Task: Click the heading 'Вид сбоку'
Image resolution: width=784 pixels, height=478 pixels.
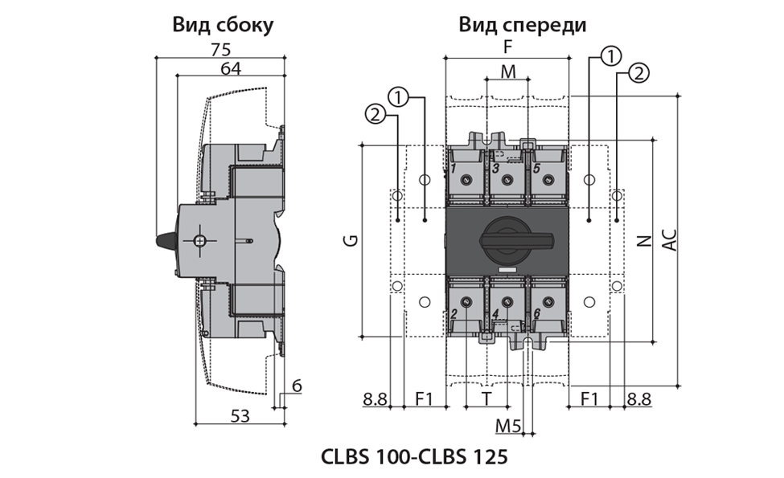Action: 223,25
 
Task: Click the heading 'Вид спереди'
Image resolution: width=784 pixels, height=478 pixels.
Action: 522,25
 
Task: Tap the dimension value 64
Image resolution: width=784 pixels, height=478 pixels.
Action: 231,68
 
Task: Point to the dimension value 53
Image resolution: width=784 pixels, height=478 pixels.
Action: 240,415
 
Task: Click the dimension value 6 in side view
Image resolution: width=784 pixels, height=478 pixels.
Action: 297,386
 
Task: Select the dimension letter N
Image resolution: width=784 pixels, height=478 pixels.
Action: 643,240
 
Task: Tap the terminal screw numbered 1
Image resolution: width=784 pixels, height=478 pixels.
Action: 466,179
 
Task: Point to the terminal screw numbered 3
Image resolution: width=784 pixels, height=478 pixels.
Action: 507,179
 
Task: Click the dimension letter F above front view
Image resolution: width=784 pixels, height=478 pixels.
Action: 507,48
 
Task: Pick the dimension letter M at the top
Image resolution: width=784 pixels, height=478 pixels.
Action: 507,71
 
